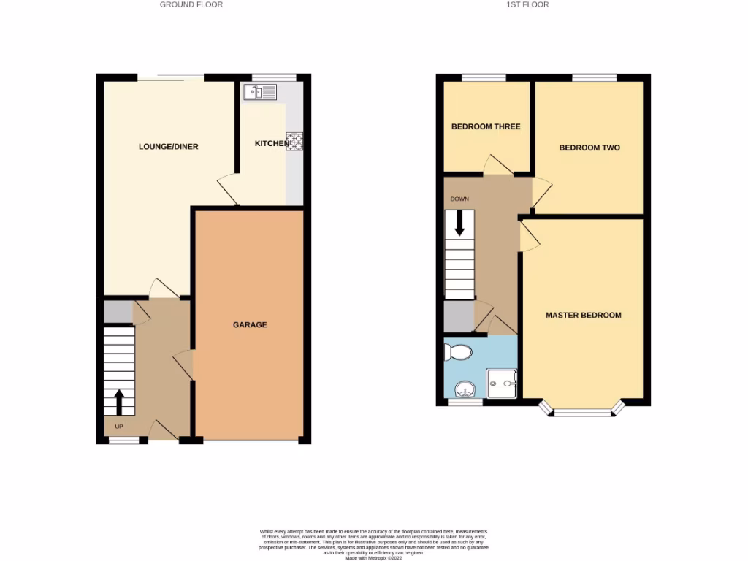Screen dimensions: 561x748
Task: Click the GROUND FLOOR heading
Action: [x=191, y=4]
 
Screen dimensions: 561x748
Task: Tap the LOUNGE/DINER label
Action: [x=169, y=147]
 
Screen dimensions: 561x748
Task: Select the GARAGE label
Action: [x=250, y=325]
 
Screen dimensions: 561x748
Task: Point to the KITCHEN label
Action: [x=271, y=143]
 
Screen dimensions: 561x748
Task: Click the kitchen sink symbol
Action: [x=261, y=92]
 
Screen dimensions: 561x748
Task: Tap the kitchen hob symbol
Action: [x=295, y=141]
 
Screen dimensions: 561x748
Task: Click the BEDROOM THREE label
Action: [x=486, y=126]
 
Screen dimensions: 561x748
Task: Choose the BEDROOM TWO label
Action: [x=589, y=148]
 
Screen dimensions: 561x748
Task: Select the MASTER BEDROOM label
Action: [x=584, y=316]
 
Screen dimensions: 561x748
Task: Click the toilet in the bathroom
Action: [x=459, y=352]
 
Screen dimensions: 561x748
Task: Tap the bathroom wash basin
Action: [x=465, y=389]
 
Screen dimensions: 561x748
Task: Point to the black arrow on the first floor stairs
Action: [x=459, y=224]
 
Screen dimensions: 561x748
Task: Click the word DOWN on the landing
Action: [x=459, y=199]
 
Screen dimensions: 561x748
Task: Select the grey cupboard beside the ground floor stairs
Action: [x=117, y=313]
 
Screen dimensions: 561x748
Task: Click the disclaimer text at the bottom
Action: [x=373, y=543]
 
